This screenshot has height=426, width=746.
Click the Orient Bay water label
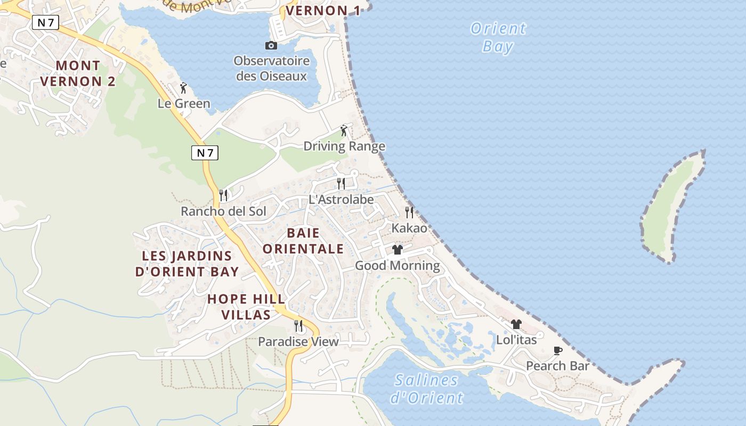click(x=498, y=37)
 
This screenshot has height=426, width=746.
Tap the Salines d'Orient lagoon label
click(x=426, y=389)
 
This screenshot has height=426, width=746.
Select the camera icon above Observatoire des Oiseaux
click(x=271, y=45)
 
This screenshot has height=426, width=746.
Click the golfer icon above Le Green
click(x=183, y=88)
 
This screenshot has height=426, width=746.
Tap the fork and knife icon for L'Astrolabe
click(x=341, y=184)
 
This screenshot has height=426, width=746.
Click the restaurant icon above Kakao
click(x=409, y=212)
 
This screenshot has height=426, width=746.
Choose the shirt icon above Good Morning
click(x=397, y=249)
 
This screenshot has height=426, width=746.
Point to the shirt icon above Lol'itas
click(x=516, y=324)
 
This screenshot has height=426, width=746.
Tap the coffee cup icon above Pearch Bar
click(x=557, y=350)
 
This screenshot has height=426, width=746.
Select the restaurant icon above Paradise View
click(x=298, y=325)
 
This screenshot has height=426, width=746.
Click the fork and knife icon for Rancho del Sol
click(x=223, y=195)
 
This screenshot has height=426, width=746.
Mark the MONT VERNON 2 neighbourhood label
click(x=78, y=73)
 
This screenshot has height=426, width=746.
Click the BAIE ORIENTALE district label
click(x=303, y=241)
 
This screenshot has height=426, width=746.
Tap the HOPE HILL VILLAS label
click(x=246, y=307)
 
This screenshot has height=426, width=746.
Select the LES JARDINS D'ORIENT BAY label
click(x=187, y=264)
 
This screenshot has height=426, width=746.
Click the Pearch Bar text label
click(x=557, y=366)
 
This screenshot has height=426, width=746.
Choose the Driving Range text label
click(x=344, y=146)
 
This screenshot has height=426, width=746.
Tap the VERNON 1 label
click(x=322, y=11)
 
